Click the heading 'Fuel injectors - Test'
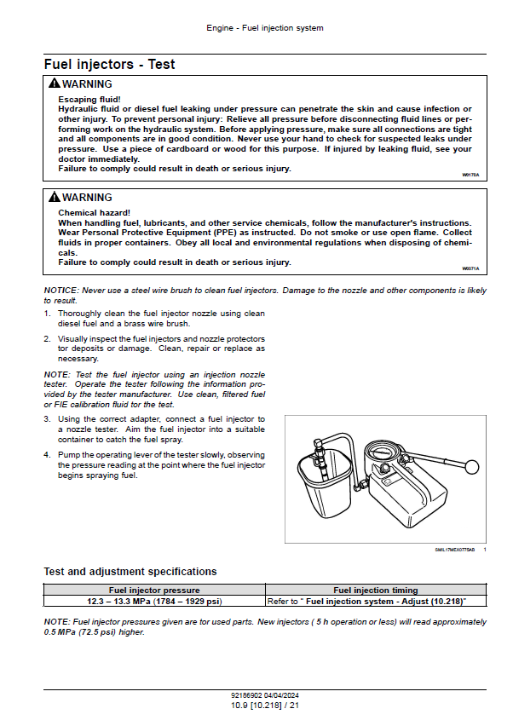[x=110, y=64]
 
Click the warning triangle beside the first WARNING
[x=55, y=84]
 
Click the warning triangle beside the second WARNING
[x=55, y=198]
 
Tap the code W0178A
[x=470, y=174]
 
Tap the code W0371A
[x=470, y=268]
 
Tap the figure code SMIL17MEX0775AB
[x=453, y=550]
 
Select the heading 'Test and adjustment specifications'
[x=130, y=572]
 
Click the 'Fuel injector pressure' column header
[x=154, y=590]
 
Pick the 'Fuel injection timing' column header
[x=375, y=590]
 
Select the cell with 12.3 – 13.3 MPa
[x=154, y=601]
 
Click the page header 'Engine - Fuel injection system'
[x=265, y=28]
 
